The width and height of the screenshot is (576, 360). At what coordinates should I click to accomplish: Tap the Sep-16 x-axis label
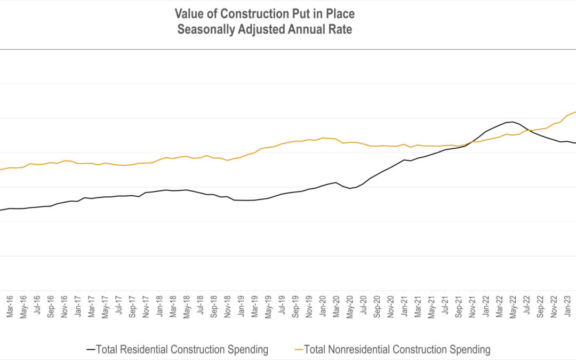pyautogui.click(x=51, y=307)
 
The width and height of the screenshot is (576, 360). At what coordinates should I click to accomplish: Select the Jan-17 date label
pyautogui.click(x=78, y=307)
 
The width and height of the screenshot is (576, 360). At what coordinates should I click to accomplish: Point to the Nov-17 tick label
pyautogui.click(x=146, y=307)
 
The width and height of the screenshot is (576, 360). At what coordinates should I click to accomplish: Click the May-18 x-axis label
pyautogui.click(x=186, y=307)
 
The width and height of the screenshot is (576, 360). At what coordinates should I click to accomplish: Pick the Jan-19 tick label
pyautogui.click(x=241, y=307)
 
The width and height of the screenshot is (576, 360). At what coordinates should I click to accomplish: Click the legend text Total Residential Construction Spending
pyautogui.click(x=182, y=350)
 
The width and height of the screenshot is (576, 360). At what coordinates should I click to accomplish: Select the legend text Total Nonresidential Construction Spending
pyautogui.click(x=397, y=350)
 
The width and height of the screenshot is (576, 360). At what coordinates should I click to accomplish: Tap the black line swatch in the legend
pyautogui.click(x=91, y=350)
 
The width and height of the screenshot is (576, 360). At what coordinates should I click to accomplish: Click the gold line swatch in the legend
pyautogui.click(x=298, y=350)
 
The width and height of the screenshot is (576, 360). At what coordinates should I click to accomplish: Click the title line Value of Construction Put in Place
pyautogui.click(x=265, y=14)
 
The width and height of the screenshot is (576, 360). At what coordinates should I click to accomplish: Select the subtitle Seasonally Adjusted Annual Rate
pyautogui.click(x=265, y=30)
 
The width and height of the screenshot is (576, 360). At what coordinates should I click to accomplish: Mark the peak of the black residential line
pyautogui.click(x=513, y=122)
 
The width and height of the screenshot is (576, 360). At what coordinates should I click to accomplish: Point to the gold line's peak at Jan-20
pyautogui.click(x=322, y=138)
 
